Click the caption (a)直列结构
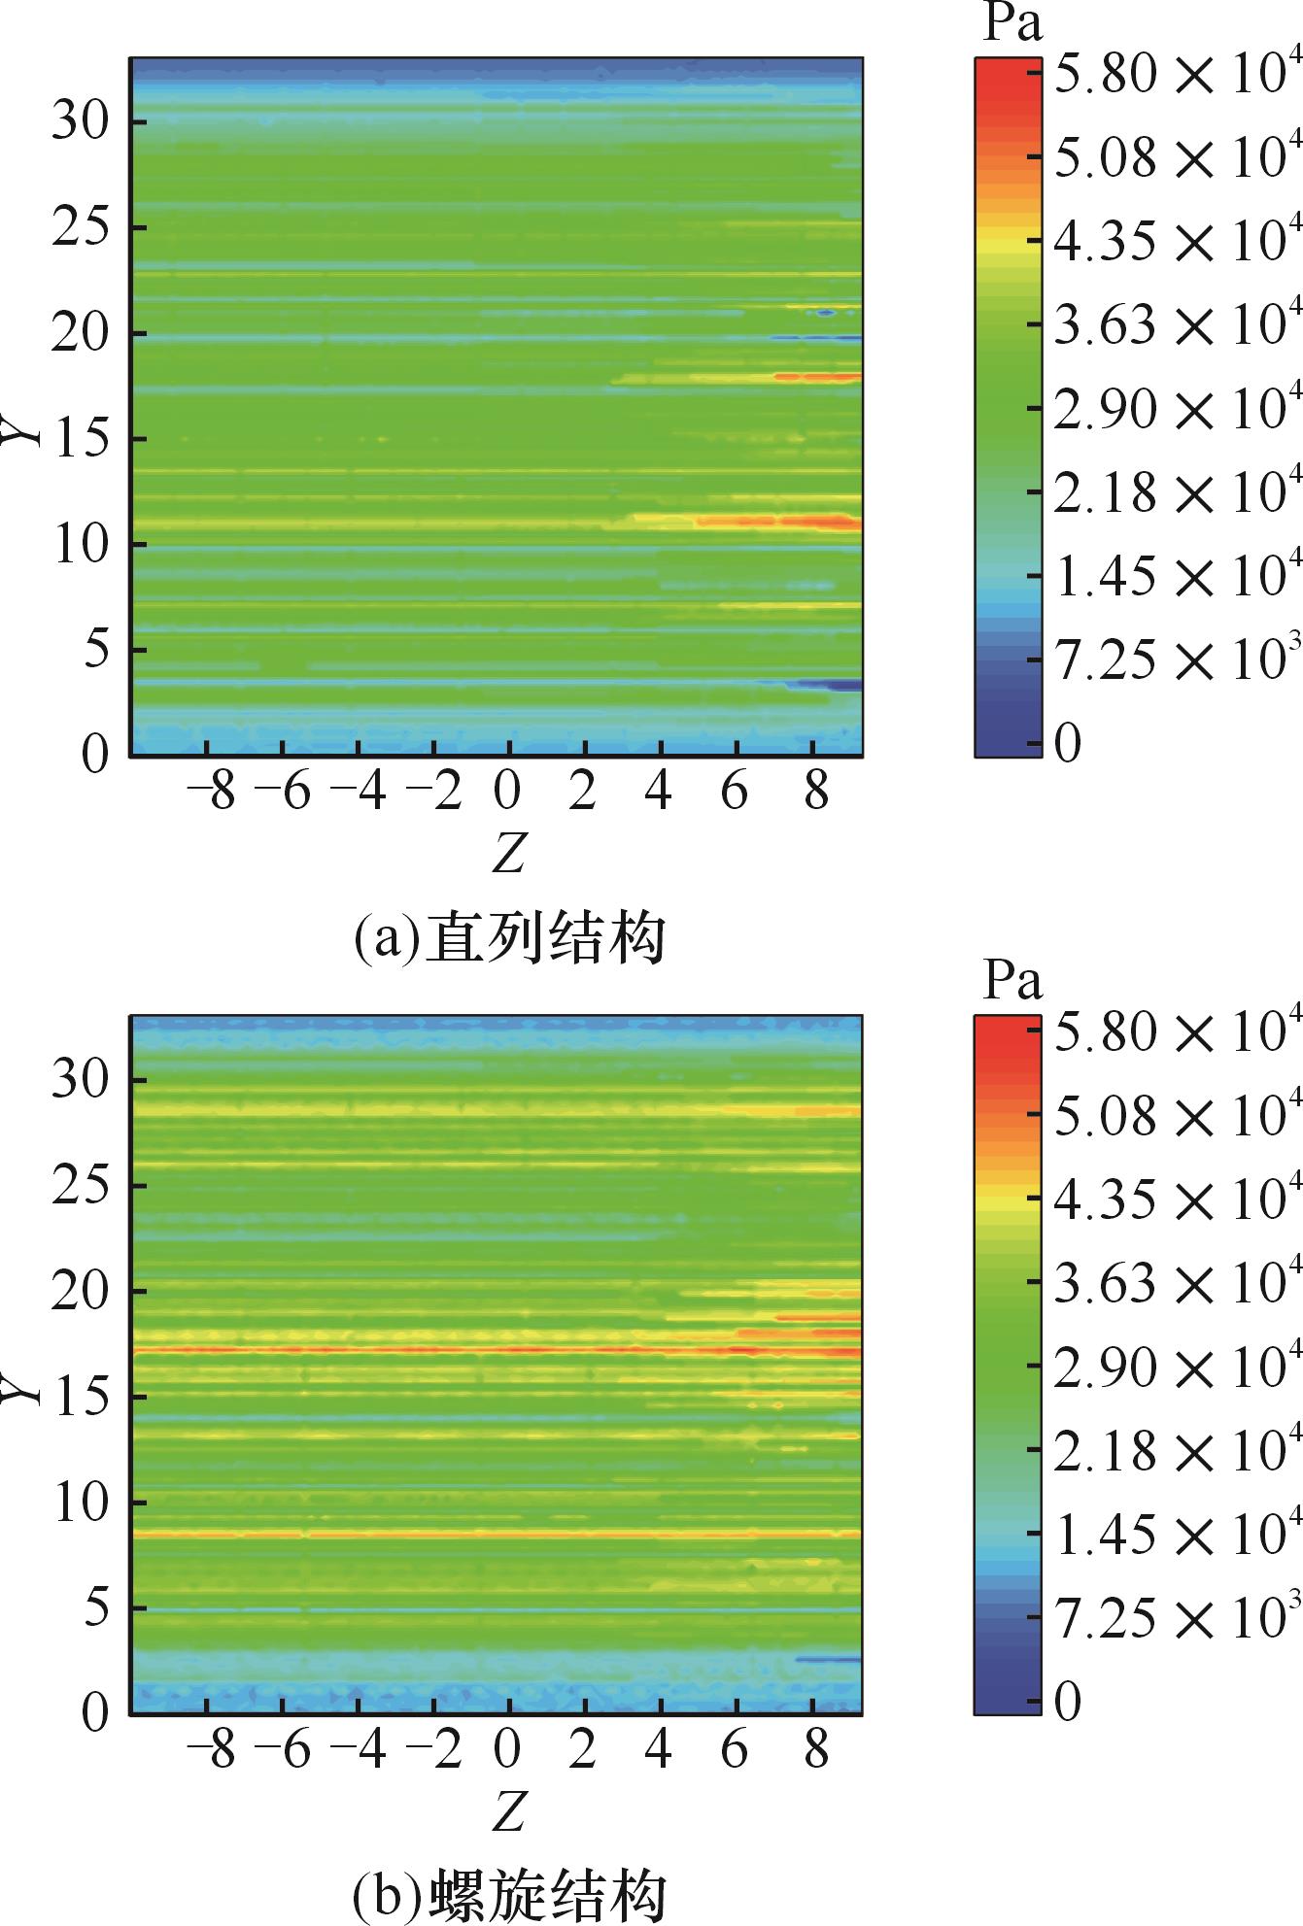coord(508,938)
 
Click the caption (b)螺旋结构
coord(508,1895)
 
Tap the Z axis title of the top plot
coord(508,854)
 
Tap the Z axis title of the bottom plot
coord(508,1810)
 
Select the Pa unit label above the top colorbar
coord(1012,25)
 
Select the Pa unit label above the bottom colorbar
coord(1012,982)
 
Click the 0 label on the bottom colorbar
coord(1068,1701)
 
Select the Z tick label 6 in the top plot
coord(735,794)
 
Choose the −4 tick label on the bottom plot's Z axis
coord(359,1750)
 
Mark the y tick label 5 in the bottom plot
coord(93,1608)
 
